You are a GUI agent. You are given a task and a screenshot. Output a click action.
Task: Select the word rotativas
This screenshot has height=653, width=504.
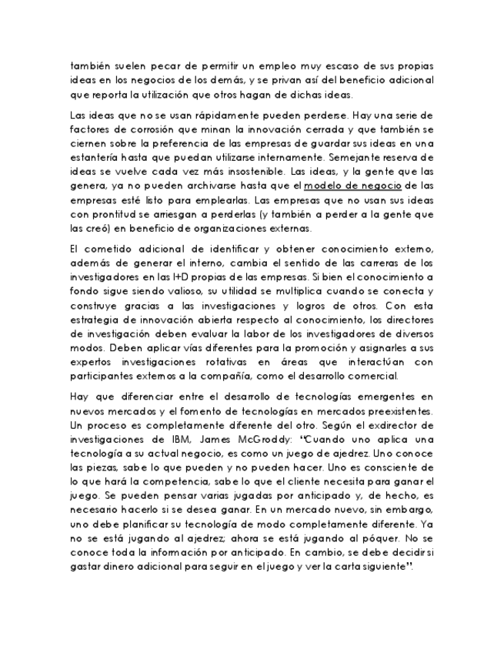point(256,362)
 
